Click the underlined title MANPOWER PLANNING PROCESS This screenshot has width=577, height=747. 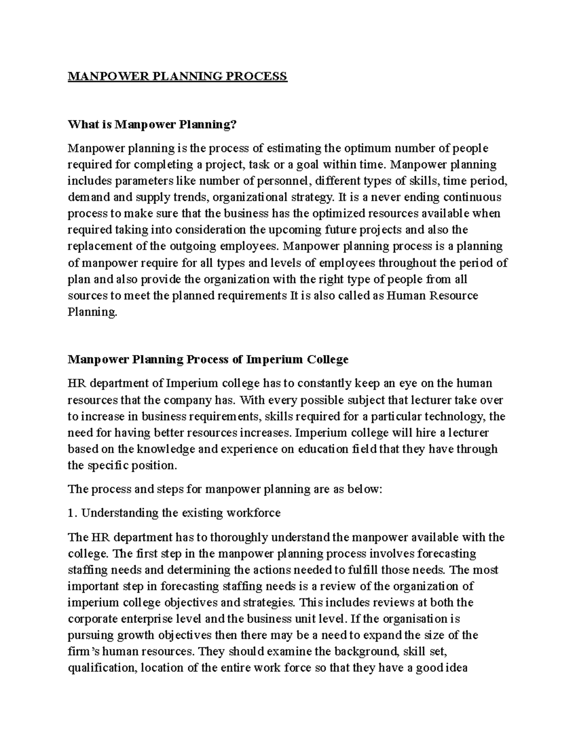177,76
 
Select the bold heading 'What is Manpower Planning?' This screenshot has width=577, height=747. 152,125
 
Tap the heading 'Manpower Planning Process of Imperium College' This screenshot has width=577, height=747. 208,360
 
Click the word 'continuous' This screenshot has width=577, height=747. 472,198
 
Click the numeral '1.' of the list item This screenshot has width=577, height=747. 72,513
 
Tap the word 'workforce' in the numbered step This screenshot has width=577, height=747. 255,513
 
